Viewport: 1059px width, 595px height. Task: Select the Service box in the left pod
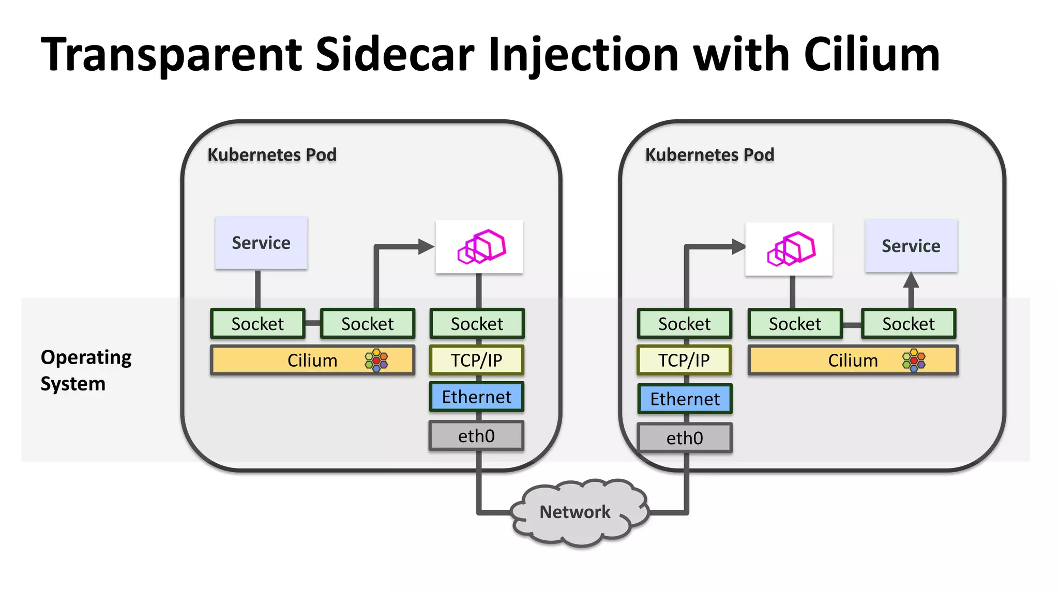click(261, 243)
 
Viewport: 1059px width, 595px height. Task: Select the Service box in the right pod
click(911, 246)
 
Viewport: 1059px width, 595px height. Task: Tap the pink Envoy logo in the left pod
click(480, 247)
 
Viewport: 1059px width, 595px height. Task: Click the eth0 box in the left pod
click(476, 436)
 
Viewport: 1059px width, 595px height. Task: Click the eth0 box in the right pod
click(685, 438)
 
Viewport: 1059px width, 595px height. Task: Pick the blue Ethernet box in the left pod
click(476, 397)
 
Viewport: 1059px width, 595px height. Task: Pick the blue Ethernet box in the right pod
click(685, 399)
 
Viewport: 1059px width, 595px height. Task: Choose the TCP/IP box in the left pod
click(476, 360)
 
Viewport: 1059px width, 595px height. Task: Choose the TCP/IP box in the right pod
click(684, 360)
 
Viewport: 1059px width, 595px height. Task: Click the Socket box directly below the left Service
click(258, 324)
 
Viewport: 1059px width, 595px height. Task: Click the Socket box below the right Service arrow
click(909, 324)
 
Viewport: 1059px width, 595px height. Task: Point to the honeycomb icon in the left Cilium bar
click(376, 360)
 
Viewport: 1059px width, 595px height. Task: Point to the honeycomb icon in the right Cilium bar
click(914, 360)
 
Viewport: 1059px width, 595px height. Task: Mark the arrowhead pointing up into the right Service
click(911, 280)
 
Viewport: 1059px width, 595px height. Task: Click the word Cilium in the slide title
click(871, 55)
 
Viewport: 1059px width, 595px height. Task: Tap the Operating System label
click(85, 370)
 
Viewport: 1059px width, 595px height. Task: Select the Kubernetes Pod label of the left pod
click(272, 154)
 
